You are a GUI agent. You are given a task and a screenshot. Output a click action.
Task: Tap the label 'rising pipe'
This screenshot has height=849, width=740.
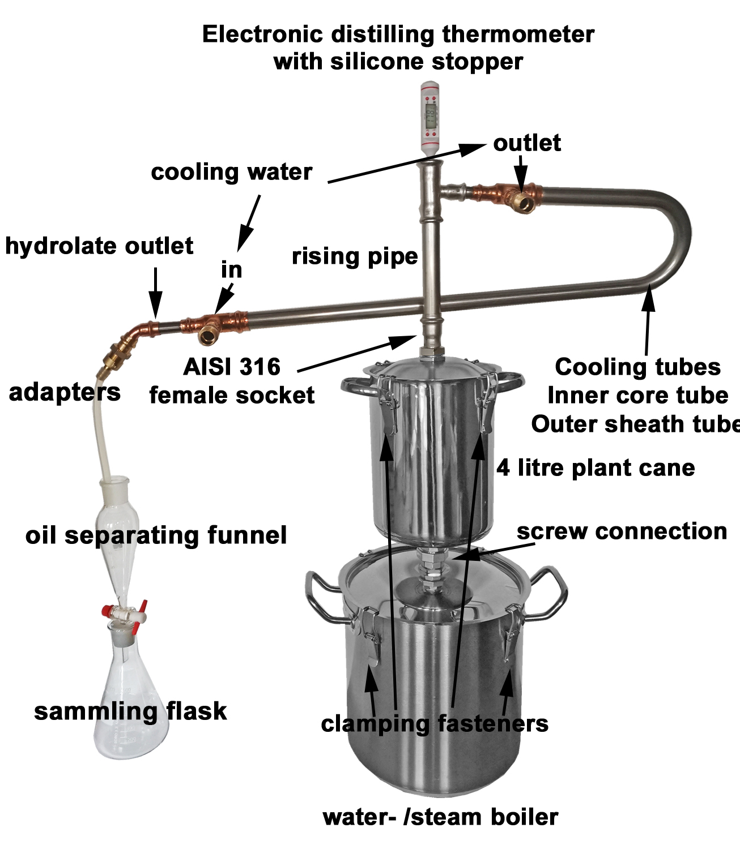[x=355, y=256]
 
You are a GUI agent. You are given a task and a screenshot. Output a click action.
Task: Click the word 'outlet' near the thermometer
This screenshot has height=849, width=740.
[x=527, y=143]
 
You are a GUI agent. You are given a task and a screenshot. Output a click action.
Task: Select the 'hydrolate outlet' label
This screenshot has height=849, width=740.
[x=99, y=246]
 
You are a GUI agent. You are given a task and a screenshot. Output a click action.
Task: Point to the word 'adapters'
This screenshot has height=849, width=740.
[x=65, y=392]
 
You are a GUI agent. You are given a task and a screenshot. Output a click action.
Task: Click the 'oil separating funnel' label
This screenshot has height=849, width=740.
[x=156, y=535]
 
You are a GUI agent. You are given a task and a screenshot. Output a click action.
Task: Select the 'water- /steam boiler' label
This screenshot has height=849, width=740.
[x=440, y=817]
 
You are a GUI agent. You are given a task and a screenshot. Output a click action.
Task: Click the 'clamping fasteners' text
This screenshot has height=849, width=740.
[x=435, y=723]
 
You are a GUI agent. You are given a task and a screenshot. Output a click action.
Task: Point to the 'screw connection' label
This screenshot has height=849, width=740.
[x=622, y=531]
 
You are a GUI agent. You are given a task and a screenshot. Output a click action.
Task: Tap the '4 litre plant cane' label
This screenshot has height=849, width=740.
[x=596, y=468]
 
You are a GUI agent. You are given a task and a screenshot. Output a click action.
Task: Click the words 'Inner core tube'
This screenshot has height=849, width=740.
[x=637, y=396]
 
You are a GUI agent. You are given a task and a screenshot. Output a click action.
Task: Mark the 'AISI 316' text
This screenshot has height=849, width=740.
[x=232, y=367]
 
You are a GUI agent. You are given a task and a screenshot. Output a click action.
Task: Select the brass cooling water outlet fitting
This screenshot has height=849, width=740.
[x=521, y=198]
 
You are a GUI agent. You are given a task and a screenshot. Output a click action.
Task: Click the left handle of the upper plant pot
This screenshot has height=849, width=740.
[x=358, y=390]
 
